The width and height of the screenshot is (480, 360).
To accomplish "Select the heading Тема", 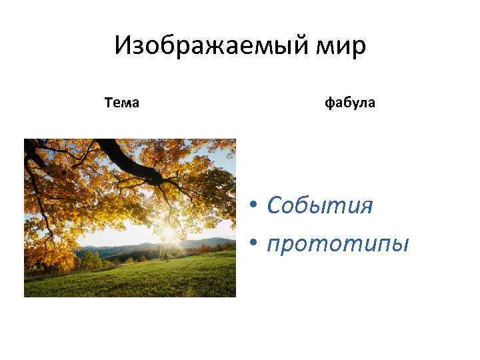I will click(122, 103).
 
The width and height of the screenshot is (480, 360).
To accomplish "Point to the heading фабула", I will click(350, 103).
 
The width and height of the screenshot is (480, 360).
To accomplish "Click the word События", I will click(319, 205).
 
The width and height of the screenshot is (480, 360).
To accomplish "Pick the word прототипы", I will click(337, 243).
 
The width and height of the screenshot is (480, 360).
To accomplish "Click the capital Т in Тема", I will click(109, 103).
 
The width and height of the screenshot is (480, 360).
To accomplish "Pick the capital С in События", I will click(274, 205).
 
